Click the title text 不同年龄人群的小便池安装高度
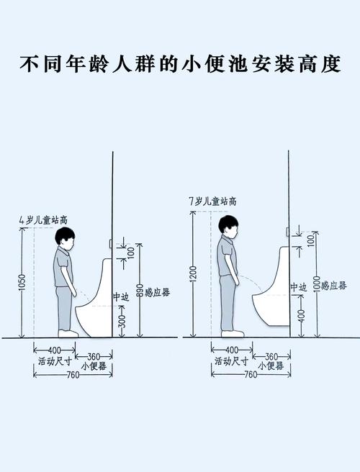tap(179, 64)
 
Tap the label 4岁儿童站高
tap(42, 219)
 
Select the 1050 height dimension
tap(22, 283)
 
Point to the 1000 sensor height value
tap(315, 285)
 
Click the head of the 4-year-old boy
tap(66, 238)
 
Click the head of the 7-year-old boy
tap(229, 224)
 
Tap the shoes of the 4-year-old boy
tap(68, 334)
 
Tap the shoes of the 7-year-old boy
tap(233, 334)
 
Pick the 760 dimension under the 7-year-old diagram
tap(250, 374)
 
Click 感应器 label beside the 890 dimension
tap(157, 291)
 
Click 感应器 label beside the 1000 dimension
tap(333, 286)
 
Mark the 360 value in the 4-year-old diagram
tap(94, 356)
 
